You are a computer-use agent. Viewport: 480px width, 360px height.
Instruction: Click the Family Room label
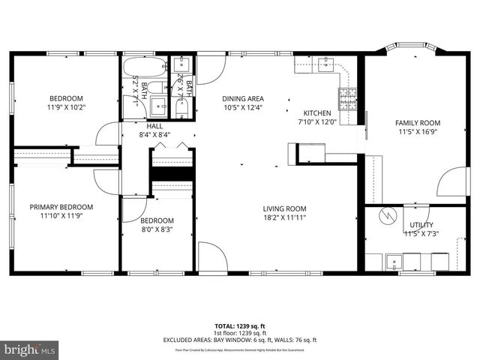418,123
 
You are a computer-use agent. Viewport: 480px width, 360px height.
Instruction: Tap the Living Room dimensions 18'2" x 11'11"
284,218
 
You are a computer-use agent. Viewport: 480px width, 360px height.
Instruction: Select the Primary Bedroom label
61,207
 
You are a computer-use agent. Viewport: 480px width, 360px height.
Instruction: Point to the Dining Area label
242,98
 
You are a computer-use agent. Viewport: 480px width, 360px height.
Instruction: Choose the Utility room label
421,225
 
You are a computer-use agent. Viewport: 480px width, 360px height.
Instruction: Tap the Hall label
154,126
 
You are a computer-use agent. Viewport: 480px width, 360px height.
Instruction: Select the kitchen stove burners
348,95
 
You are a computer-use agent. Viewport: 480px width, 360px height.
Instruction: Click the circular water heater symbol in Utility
388,215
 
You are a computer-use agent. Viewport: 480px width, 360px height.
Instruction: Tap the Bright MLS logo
30,349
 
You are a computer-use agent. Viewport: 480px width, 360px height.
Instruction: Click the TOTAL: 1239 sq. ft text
239,325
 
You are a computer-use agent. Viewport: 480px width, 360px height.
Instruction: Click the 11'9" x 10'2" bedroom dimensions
67,107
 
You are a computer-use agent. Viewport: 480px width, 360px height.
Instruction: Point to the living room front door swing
213,256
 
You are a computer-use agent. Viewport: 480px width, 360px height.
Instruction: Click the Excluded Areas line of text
239,340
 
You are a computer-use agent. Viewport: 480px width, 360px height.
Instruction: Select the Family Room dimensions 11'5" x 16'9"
418,132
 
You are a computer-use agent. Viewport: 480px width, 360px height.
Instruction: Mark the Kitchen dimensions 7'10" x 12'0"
317,121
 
